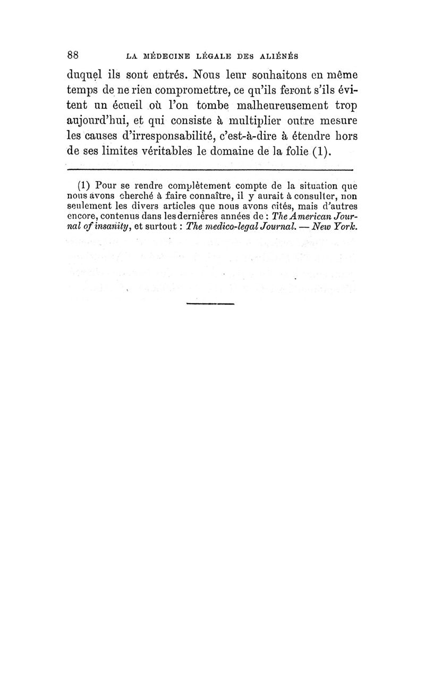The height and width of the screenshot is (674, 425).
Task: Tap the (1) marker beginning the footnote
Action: [84, 186]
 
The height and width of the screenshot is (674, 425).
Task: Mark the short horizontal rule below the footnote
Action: [211, 304]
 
